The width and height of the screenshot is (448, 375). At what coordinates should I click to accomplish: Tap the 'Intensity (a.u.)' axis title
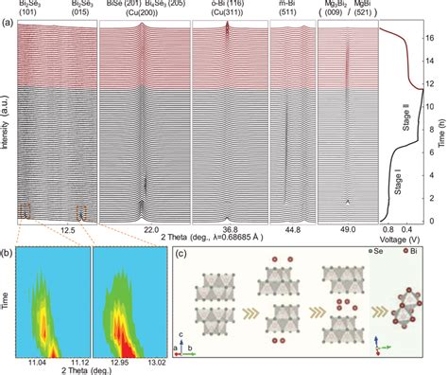click(8, 123)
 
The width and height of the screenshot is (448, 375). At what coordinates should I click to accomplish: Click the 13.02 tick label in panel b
click(152, 366)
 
